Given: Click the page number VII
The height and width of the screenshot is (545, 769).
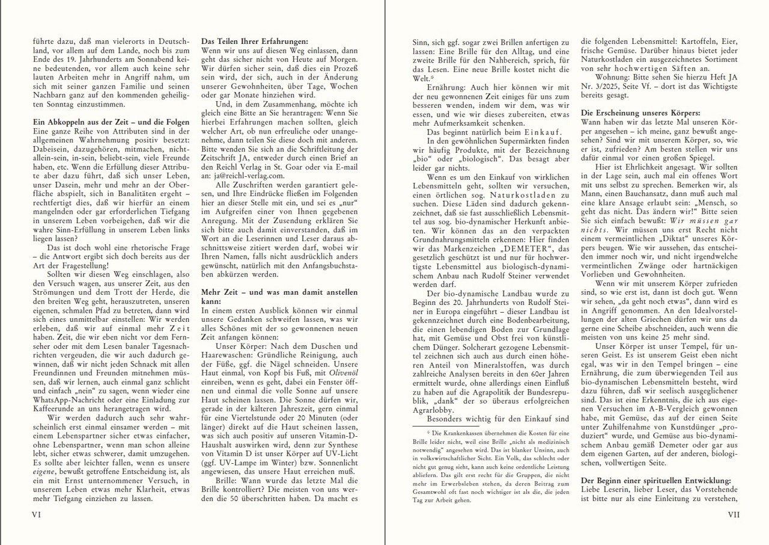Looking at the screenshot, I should [733, 515].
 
